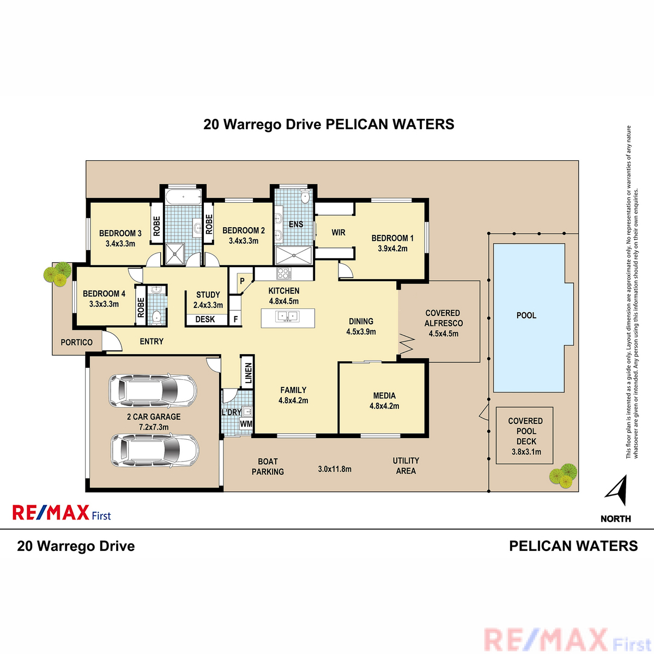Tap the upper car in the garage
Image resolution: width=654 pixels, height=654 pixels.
tap(153, 390)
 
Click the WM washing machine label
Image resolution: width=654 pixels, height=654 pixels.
tap(246, 423)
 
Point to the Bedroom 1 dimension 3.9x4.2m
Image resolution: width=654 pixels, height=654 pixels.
tap(392, 249)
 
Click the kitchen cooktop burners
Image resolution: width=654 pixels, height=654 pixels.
tap(284, 273)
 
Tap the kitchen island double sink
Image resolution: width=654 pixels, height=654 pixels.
tap(287, 316)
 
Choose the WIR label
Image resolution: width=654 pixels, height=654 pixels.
tap(338, 233)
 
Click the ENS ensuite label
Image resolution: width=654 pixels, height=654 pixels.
tap(296, 225)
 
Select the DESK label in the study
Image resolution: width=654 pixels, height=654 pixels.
tap(205, 319)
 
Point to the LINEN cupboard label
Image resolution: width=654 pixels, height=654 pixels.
tap(249, 373)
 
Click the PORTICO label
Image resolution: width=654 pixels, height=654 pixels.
tap(76, 342)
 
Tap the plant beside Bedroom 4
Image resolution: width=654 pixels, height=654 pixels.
tap(58, 274)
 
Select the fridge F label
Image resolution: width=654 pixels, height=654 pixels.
tap(235, 319)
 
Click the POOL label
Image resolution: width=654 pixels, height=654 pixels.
tap(526, 316)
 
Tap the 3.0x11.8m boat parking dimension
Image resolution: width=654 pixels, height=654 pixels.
tap(335, 469)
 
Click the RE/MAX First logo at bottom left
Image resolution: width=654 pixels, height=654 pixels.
tap(62, 513)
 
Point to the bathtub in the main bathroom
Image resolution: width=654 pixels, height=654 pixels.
tap(184, 196)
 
